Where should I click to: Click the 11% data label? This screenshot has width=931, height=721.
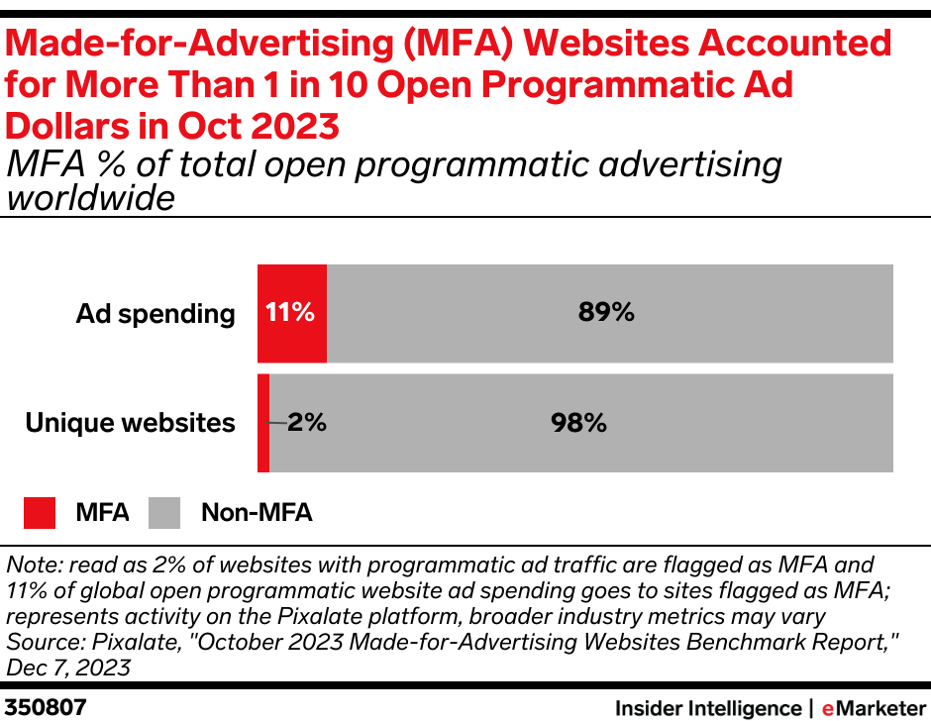point(290,313)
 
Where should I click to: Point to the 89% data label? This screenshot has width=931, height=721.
point(606,313)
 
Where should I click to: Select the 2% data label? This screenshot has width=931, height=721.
point(307,423)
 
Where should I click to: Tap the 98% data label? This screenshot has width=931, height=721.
point(578,423)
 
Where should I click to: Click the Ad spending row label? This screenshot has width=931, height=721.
point(155,314)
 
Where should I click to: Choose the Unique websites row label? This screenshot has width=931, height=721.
point(130,423)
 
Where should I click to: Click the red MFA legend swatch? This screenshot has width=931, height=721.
point(41,512)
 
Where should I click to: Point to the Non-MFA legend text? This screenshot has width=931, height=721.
point(257,512)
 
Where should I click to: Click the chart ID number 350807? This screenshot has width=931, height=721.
point(46,707)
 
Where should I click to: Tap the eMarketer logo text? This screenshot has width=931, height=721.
point(873,707)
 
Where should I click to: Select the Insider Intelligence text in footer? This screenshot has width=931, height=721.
point(707,707)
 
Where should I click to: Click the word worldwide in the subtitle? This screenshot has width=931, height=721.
point(91,198)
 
